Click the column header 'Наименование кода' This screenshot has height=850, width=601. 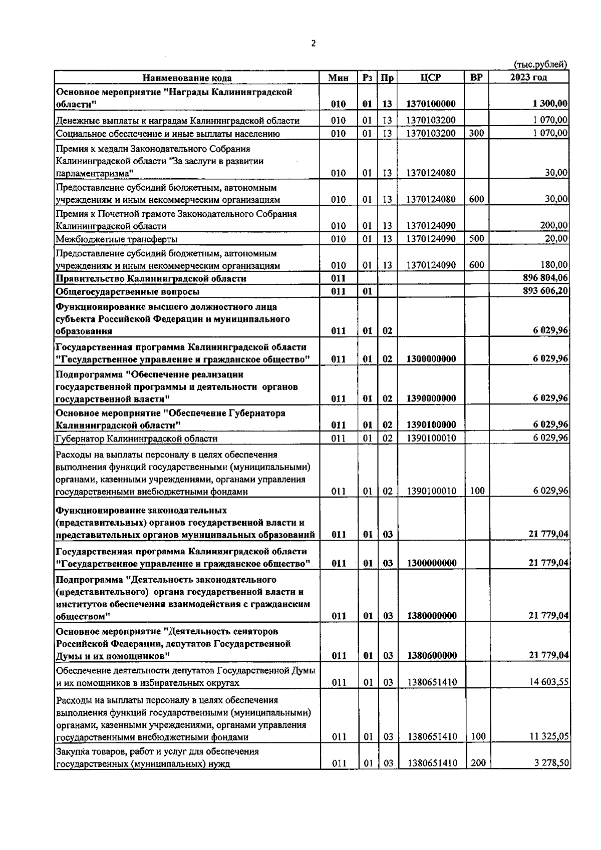coord(187,78)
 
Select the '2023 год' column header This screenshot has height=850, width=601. coord(528,77)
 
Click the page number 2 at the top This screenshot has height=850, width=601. coord(314,44)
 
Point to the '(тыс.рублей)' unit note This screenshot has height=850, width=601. coord(540,64)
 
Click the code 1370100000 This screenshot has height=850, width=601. coord(431,104)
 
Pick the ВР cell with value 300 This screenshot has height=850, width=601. coord(476,133)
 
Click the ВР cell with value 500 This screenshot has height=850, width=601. coord(476,239)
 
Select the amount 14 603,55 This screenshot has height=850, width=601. coord(549,682)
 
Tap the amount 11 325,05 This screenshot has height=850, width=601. coord(549,736)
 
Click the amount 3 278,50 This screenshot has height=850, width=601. coord(551,763)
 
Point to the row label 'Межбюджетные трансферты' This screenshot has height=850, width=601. coord(116,239)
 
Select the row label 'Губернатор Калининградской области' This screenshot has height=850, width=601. coord(137,439)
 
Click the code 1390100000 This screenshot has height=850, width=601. coord(431,425)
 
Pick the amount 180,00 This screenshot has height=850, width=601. coord(556,265)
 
